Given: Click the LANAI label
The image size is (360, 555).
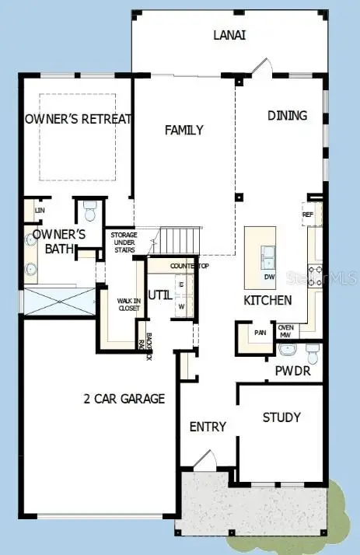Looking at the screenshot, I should click(231, 35).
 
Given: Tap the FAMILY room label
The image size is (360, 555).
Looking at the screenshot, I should click(183, 131).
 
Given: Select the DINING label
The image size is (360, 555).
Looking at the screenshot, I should click(287, 116).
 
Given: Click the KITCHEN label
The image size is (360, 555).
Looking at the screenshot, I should click(267, 300).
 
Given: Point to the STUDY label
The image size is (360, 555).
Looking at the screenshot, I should click(281, 417).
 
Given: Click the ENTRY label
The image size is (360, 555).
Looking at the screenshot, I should click(208, 427).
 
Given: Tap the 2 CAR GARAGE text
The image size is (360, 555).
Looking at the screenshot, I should click(124, 399).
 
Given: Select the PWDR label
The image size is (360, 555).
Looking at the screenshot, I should click(293, 371).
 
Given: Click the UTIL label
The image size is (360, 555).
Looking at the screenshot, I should click(160, 295).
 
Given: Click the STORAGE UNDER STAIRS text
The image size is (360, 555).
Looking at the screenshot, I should click(124, 242).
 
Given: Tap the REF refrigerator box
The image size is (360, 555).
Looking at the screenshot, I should click(307, 215).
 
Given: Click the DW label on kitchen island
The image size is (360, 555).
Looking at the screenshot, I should click(268, 277).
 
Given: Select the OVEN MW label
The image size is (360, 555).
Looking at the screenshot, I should click(285, 330).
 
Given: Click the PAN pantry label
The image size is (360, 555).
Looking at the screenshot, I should click(260, 333).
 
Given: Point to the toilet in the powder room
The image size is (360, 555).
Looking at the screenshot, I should click(312, 354).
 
